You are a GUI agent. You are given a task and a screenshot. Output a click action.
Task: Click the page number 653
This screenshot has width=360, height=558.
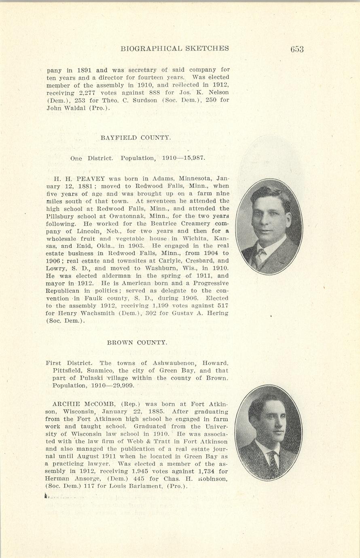point(296,49)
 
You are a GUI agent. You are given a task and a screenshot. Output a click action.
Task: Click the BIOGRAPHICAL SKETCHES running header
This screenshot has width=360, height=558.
point(175,49)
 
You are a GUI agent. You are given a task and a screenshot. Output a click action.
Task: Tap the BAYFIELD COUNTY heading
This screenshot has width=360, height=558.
point(136,138)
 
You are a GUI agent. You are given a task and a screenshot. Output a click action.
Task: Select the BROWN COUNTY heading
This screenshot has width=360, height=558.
point(137,342)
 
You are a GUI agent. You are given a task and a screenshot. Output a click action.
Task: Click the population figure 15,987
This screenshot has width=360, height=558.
point(194,158)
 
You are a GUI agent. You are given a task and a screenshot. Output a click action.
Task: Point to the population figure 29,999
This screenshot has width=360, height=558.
point(123,385)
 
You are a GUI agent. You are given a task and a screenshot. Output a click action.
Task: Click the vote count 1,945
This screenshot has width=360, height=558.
point(142,471)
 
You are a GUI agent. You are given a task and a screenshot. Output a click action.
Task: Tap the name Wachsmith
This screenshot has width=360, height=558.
point(87,313)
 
